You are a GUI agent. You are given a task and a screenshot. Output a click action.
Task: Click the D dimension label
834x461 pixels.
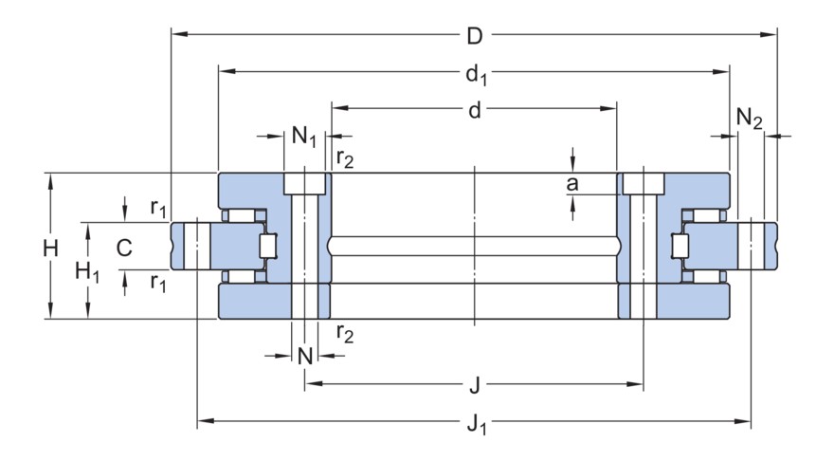[475, 36]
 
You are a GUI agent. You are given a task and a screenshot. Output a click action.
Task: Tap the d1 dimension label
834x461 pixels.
[475, 73]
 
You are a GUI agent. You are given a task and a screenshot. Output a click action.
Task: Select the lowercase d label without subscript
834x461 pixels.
[475, 110]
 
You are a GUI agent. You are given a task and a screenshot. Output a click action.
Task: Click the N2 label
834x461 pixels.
[749, 118]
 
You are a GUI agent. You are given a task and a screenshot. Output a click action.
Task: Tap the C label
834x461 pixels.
[123, 248]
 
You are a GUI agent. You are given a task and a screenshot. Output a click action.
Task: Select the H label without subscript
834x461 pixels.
[50, 248]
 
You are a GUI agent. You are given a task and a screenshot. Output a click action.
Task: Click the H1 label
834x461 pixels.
[87, 272]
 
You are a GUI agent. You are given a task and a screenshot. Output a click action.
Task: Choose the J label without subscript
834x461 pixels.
[475, 385]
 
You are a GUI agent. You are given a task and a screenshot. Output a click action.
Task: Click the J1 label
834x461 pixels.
[477, 422]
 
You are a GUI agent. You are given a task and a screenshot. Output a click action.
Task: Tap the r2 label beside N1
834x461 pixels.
[346, 158]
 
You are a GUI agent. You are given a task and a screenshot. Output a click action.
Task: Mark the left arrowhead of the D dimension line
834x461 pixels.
[176, 36]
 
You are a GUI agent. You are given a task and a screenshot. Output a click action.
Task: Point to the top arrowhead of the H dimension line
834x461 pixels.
[50, 178]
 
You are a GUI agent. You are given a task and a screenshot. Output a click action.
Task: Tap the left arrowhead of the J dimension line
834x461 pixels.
[310, 384]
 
